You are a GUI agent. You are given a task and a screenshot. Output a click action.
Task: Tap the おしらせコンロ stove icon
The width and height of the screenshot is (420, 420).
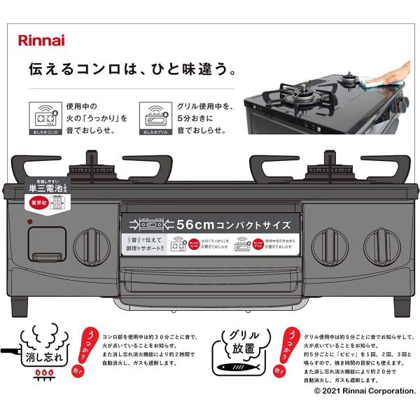click(43, 115)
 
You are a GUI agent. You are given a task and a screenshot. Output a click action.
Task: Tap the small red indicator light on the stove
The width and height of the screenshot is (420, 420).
click(31, 222)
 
